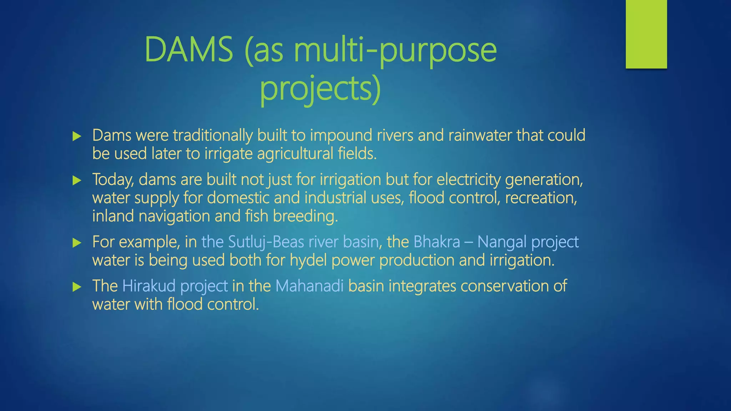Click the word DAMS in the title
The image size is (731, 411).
pos(188,50)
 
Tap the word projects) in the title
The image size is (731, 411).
pos(320,88)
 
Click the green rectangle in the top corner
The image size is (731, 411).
pos(646,34)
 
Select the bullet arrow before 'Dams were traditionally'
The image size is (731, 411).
pos(77,136)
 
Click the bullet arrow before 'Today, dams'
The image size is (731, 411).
pos(77,180)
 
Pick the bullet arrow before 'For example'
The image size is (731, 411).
pos(77,243)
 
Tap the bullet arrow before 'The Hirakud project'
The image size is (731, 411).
pos(77,287)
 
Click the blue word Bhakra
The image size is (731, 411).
pos(437,242)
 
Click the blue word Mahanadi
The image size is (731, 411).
pos(309,286)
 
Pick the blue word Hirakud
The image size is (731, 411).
pos(149,286)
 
